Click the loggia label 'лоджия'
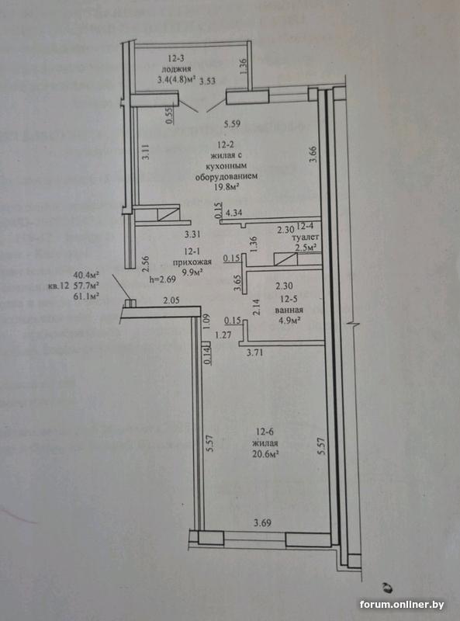click(x=173, y=69)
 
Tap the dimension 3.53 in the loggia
click(x=207, y=80)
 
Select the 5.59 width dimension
click(x=232, y=123)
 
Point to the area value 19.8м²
click(x=227, y=186)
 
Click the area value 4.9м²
click(x=289, y=318)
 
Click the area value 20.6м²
click(x=265, y=455)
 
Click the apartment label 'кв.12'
click(x=59, y=286)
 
